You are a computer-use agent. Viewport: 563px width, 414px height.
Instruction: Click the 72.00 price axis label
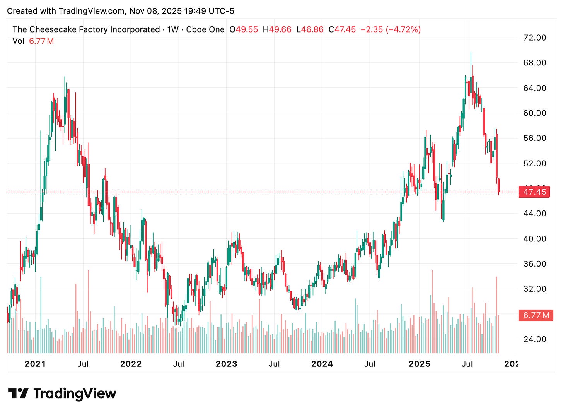pyautogui.click(x=535, y=38)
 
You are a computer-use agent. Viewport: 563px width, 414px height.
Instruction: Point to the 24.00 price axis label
pyautogui.click(x=535, y=339)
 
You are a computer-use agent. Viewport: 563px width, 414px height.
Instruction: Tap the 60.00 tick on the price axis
pyautogui.click(x=535, y=113)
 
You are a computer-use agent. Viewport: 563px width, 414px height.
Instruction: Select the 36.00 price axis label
pyautogui.click(x=535, y=263)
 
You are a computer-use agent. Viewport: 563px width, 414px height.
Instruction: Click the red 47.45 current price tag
pyautogui.click(x=534, y=192)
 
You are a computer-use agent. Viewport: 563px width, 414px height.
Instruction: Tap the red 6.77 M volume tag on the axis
pyautogui.click(x=536, y=315)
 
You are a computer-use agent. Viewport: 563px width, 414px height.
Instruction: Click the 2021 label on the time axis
pyautogui.click(x=35, y=364)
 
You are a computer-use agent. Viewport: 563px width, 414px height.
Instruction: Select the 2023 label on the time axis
pyautogui.click(x=226, y=364)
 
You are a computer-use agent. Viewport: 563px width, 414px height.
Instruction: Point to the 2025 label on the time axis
pyautogui.click(x=420, y=364)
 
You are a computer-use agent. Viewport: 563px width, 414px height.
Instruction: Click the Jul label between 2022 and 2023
pyautogui.click(x=178, y=364)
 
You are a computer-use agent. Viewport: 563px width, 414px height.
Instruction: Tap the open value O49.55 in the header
pyautogui.click(x=244, y=29)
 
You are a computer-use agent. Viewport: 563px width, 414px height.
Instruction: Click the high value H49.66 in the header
pyautogui.click(x=277, y=29)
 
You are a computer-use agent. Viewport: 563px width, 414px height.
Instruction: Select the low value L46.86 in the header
pyautogui.click(x=310, y=29)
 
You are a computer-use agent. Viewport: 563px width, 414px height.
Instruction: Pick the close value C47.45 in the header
pyautogui.click(x=342, y=29)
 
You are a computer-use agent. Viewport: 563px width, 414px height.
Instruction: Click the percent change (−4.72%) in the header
pyautogui.click(x=403, y=29)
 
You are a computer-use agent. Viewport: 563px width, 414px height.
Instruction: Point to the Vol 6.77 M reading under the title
pyautogui.click(x=33, y=41)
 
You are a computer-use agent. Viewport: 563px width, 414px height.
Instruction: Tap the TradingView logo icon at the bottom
pyautogui.click(x=18, y=393)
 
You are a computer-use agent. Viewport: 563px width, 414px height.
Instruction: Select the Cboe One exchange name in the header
pyautogui.click(x=205, y=29)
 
